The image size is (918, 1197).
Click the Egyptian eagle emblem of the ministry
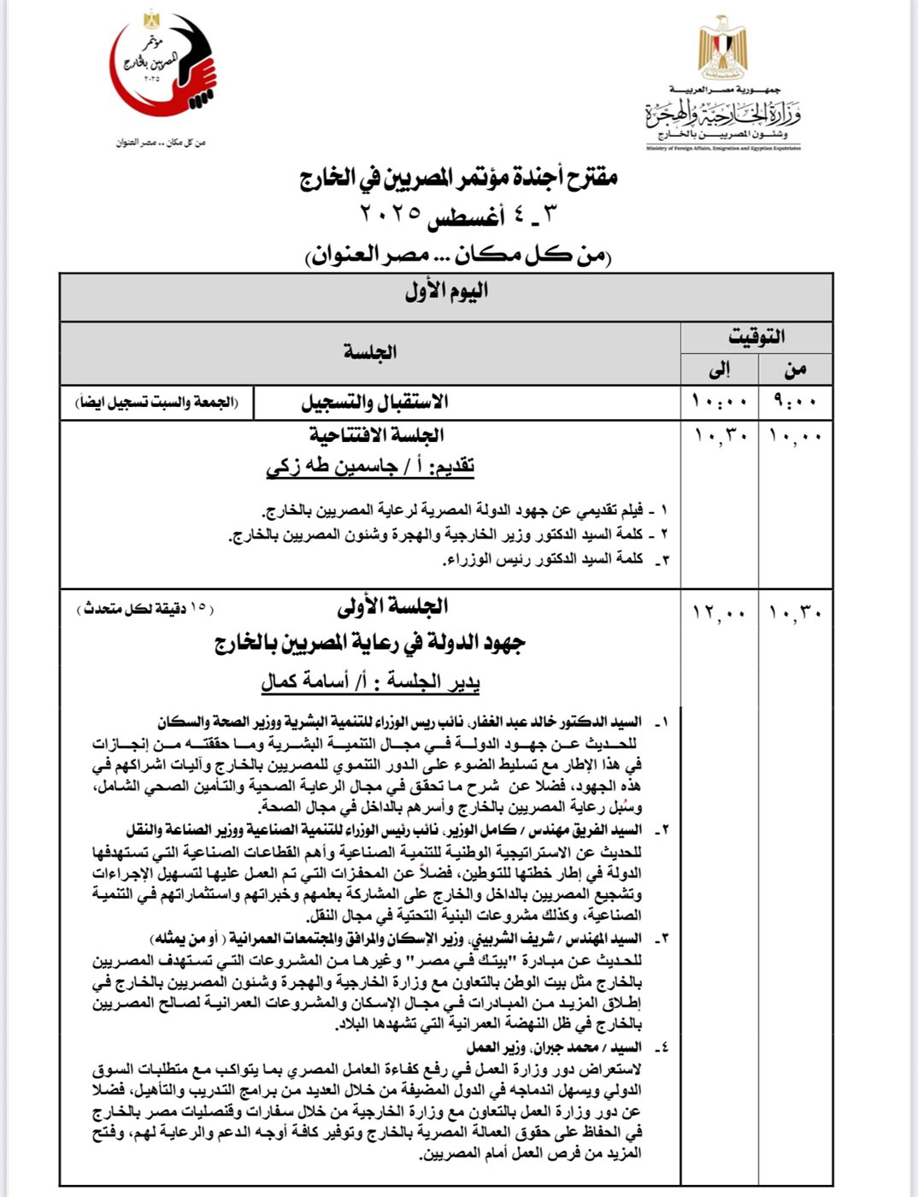tap(722, 47)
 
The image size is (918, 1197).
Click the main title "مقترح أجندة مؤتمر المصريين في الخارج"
tap(458, 178)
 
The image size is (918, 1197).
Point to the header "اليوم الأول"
tap(446, 292)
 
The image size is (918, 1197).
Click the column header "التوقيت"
tap(756, 336)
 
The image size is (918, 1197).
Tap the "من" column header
tap(796, 369)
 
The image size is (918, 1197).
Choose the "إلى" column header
tap(719, 369)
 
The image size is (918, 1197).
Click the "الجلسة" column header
tap(369, 351)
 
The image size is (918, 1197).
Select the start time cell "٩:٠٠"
tap(795, 402)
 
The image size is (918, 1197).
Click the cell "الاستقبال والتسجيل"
tap(375, 402)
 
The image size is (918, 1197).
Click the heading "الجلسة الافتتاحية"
tap(376, 436)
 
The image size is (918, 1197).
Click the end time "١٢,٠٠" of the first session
tap(720, 613)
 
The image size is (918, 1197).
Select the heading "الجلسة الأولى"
tap(392, 607)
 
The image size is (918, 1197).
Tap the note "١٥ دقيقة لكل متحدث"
tap(145, 609)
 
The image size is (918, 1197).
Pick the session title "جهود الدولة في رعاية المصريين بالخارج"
tap(369, 644)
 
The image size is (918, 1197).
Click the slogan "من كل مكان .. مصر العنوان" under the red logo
tap(162, 142)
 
